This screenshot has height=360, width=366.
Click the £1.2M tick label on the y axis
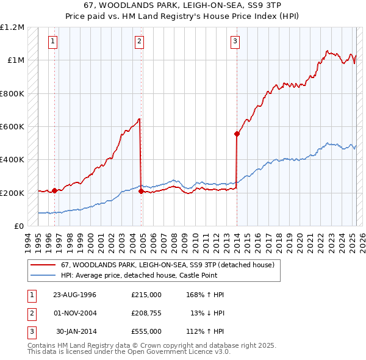pyautogui.click(x=12, y=27)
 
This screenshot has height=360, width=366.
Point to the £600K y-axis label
pyautogui.click(x=12, y=127)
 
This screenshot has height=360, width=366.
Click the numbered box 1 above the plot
pyautogui.click(x=54, y=41)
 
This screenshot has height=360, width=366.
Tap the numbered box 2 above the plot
pyautogui.click(x=140, y=41)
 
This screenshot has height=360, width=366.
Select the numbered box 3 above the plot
pyautogui.click(x=235, y=41)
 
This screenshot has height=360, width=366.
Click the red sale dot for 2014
pyautogui.click(x=237, y=134)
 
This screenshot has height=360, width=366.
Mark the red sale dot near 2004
pyautogui.click(x=141, y=192)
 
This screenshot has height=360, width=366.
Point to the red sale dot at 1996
pyautogui.click(x=55, y=190)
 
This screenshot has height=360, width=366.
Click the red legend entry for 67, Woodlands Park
pyautogui.click(x=168, y=265)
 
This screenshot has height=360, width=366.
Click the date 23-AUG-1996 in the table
pyautogui.click(x=74, y=295)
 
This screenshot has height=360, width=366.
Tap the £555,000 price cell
pyautogui.click(x=146, y=331)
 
